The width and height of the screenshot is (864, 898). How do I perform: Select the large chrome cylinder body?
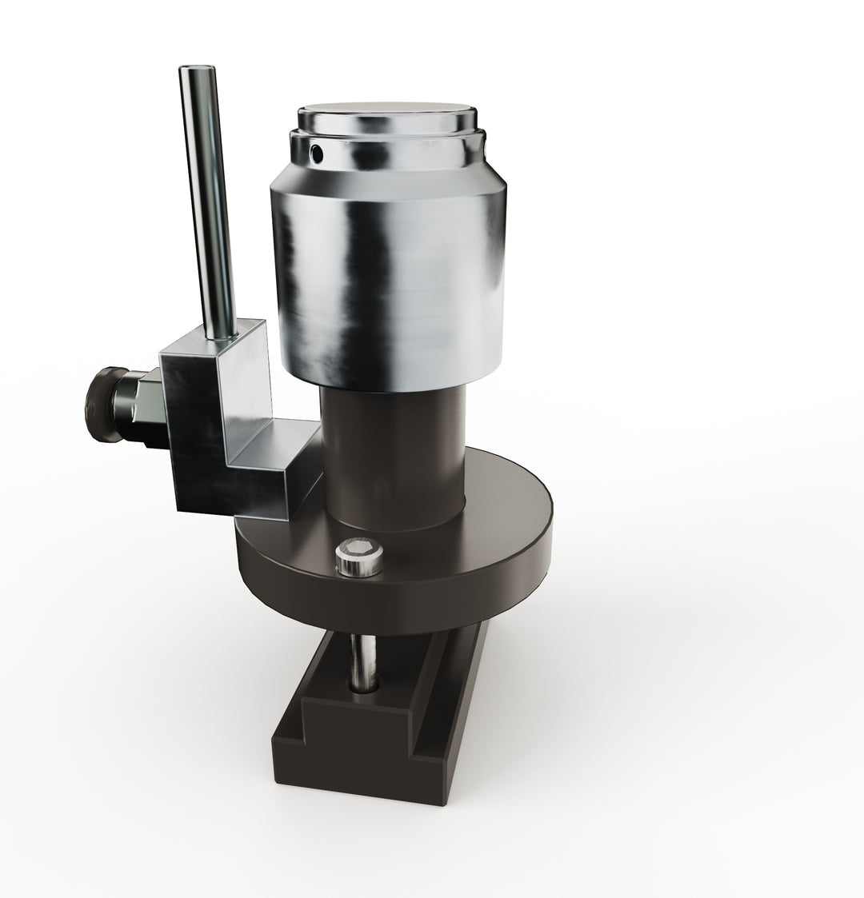[390, 280]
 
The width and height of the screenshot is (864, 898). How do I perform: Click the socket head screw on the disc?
[359, 557]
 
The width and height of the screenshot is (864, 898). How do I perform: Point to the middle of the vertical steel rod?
[206, 200]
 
